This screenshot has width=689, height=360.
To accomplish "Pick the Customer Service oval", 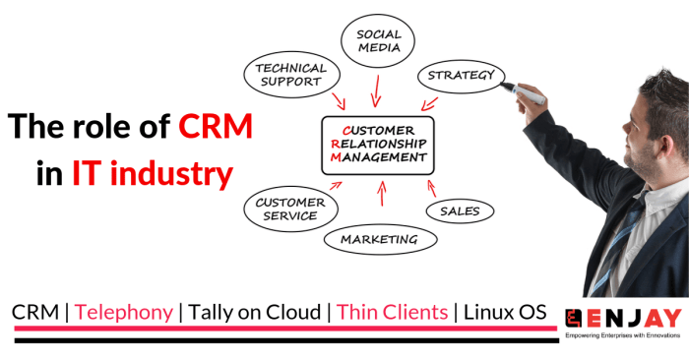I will click(286, 209).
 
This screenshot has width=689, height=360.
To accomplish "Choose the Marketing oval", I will click(379, 238).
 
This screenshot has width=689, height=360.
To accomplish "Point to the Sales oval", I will click(460, 210).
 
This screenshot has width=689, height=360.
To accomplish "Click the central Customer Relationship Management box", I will click(378, 145).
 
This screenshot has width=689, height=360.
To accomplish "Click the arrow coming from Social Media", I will click(375, 90).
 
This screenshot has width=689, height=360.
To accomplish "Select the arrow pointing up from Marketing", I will click(380, 195).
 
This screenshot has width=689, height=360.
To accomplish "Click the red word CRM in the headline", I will click(216, 127).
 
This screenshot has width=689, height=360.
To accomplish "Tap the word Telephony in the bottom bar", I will click(124, 312).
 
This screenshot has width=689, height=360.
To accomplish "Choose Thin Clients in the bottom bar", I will click(392, 312).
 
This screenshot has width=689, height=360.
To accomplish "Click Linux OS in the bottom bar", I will click(504, 312).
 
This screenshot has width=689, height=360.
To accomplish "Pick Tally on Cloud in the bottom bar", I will click(254, 312).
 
